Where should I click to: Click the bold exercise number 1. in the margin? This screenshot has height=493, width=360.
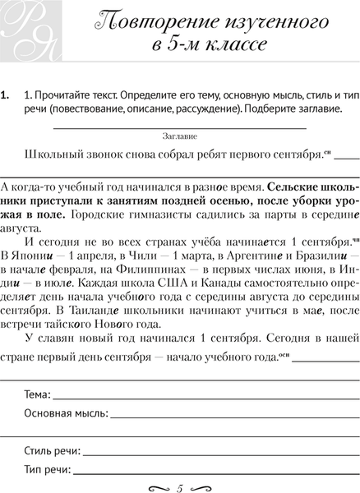[x=7, y=94]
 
